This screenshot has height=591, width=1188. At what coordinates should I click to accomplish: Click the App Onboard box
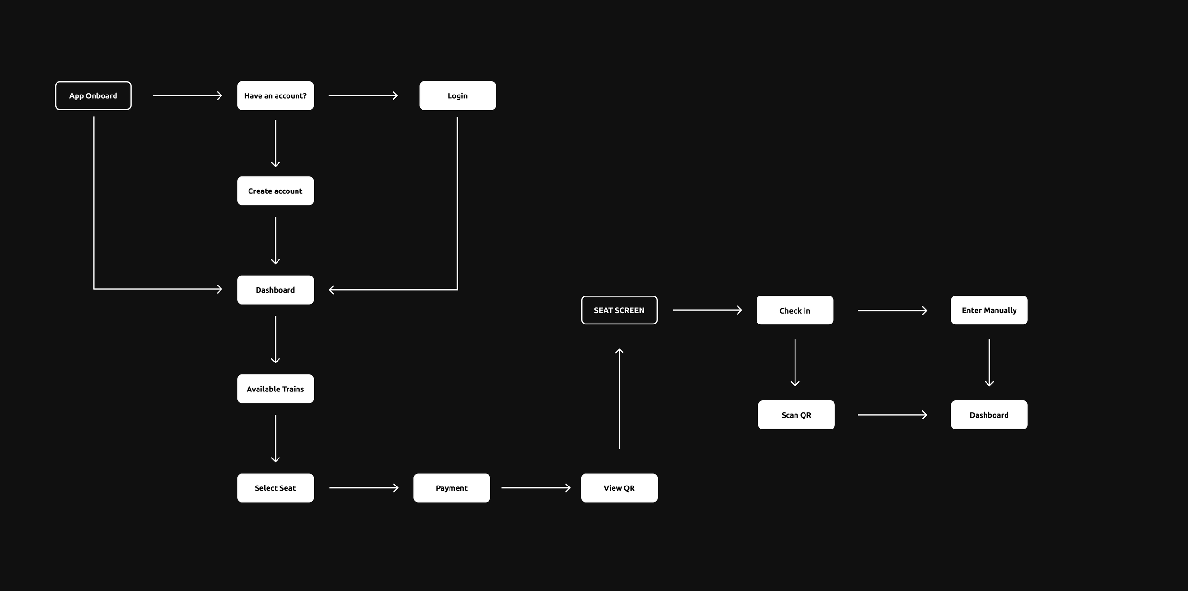point(93,95)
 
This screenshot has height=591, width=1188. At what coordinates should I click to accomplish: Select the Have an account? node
point(275,95)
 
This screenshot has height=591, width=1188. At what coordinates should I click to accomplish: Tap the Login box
point(457,95)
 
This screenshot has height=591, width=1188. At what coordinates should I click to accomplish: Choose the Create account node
point(275,191)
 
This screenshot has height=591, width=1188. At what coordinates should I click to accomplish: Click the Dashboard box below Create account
point(275,290)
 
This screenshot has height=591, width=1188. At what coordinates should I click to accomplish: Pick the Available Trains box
point(275,389)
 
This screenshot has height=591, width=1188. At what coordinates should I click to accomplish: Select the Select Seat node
point(275,488)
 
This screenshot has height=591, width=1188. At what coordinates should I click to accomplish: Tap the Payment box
point(451,488)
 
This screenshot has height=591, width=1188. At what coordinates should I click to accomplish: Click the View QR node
point(619,488)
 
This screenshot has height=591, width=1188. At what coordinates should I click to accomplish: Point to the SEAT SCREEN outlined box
point(619,310)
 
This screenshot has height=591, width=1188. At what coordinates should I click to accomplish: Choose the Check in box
point(795,310)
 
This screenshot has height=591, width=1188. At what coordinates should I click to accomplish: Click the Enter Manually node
point(989,310)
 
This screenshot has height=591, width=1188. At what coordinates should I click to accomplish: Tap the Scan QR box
point(796,415)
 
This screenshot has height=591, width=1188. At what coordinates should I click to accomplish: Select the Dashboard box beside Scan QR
point(989,415)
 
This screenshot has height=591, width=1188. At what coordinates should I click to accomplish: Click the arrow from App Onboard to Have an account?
point(187,95)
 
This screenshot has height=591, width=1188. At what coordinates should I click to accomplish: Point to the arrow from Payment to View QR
point(536,488)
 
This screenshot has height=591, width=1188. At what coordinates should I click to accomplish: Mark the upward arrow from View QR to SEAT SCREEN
point(619,399)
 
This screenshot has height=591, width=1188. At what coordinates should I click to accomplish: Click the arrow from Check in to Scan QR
point(795,362)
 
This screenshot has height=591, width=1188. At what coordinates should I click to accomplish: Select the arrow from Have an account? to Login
point(363,95)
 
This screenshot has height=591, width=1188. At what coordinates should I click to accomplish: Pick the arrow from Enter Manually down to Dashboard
point(989,362)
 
